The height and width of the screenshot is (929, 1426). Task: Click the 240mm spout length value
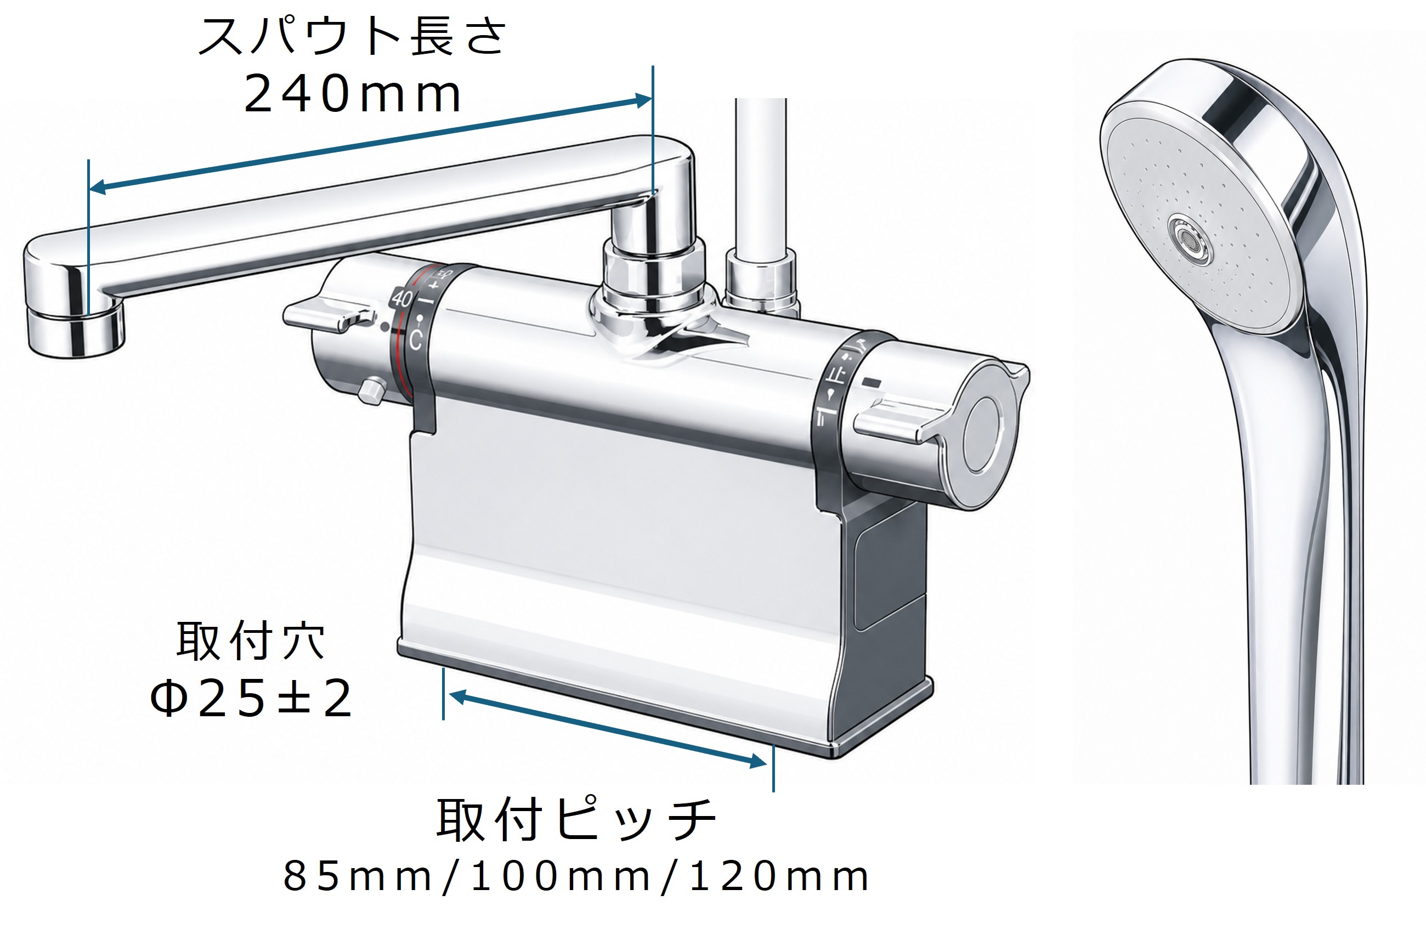coord(352,93)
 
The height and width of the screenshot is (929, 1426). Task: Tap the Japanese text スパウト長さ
coord(352,36)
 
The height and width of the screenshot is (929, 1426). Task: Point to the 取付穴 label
coord(251,642)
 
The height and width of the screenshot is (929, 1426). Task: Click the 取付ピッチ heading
coord(576,819)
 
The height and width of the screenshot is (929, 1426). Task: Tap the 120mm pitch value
coord(779,877)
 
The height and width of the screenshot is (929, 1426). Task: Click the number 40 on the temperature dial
coord(402,297)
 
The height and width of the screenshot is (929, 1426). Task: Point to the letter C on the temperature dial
coord(415,339)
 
